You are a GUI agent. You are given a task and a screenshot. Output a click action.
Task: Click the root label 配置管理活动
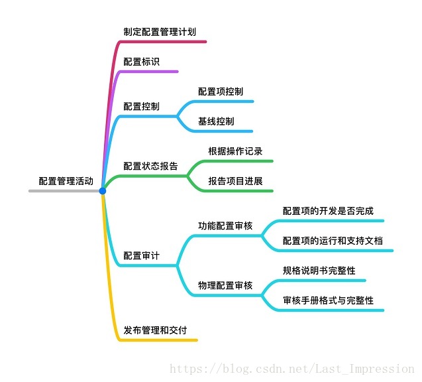tap(66, 180)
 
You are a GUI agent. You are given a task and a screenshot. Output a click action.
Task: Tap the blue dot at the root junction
tap(103, 191)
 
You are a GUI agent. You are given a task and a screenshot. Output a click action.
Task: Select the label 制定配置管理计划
tap(159, 31)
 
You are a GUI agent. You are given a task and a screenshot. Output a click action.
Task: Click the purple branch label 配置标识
tap(141, 62)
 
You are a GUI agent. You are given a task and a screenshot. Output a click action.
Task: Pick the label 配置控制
tap(141, 106)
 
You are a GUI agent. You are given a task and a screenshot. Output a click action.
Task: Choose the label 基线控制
tap(215, 121)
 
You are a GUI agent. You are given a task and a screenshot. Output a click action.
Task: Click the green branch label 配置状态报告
tap(150, 166)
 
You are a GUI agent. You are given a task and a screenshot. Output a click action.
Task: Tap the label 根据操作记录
tap(235, 151)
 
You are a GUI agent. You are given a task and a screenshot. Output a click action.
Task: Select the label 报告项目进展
tap(235, 181)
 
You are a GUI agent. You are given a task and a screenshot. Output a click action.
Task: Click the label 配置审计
tap(141, 255)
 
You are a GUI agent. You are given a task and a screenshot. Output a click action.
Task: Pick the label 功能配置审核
tap(225, 225)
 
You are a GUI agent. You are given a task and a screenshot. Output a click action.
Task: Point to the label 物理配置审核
tap(225, 285)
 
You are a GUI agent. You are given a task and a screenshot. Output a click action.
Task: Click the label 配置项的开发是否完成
tap(328, 211)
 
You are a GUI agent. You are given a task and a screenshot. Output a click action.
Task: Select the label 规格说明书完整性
tap(319, 271)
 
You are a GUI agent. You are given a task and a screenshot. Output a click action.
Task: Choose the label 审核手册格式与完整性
tap(328, 300)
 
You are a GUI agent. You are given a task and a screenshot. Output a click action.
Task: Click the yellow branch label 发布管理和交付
tap(155, 330)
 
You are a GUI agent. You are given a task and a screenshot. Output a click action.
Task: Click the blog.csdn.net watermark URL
tap(291, 369)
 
